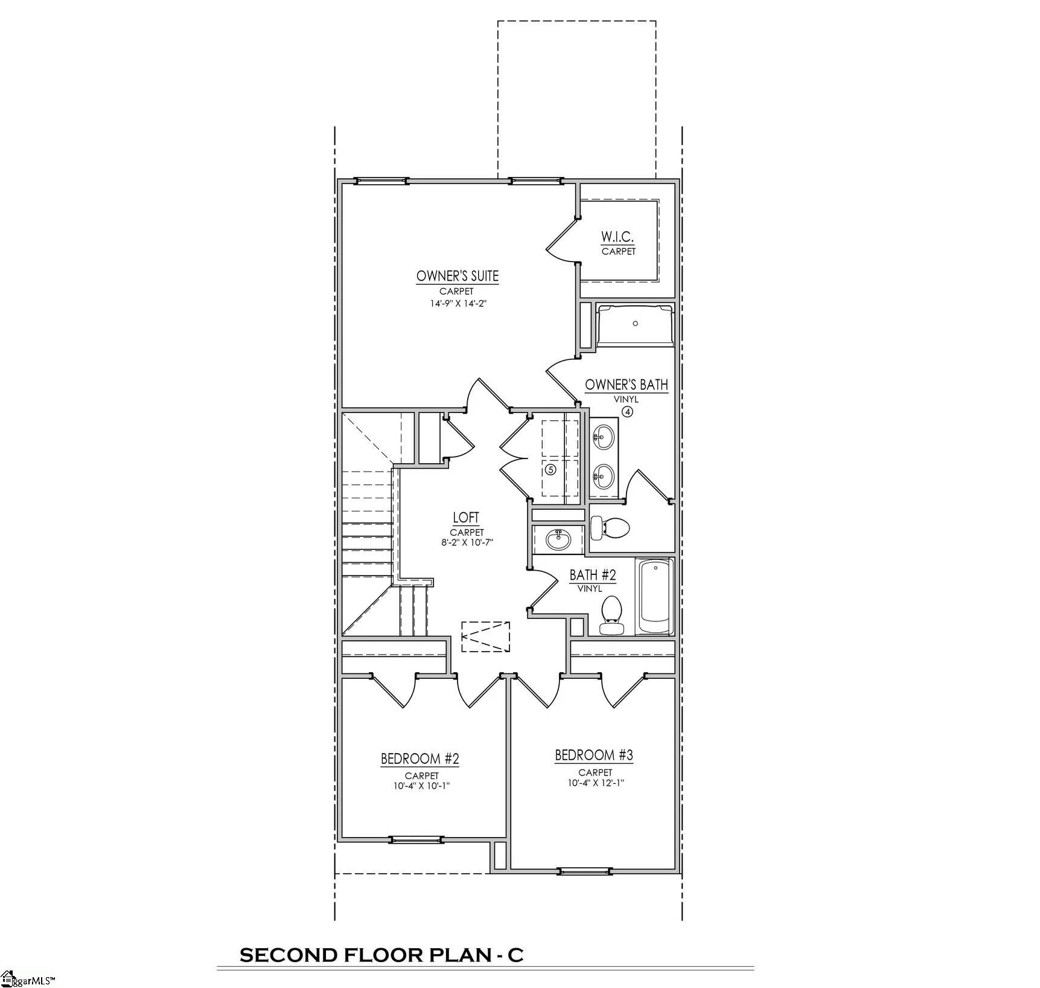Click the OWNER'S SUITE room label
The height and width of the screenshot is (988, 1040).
point(458,276)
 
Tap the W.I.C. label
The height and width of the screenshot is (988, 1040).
point(617,236)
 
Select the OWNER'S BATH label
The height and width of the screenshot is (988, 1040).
point(626,385)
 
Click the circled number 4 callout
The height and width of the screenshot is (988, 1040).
point(628,412)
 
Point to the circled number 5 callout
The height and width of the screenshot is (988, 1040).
point(550,469)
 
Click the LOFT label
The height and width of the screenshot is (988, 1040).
point(466,518)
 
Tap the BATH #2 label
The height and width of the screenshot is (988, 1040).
point(592,574)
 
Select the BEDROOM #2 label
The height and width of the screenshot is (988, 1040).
point(420,759)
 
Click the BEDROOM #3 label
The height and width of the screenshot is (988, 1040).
point(594,755)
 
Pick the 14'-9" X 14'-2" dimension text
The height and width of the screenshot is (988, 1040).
point(458,304)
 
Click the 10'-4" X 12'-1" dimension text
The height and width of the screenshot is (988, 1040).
point(595,783)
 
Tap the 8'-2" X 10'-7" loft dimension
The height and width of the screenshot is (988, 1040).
point(467,542)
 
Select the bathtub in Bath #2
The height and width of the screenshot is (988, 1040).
point(656,595)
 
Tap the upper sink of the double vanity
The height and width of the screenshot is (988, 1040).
point(604,436)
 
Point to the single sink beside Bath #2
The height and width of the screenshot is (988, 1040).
point(558,539)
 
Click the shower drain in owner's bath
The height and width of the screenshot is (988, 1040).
point(635,324)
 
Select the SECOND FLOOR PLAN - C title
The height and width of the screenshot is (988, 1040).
point(381,955)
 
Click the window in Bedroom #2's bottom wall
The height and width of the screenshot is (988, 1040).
point(416,839)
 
